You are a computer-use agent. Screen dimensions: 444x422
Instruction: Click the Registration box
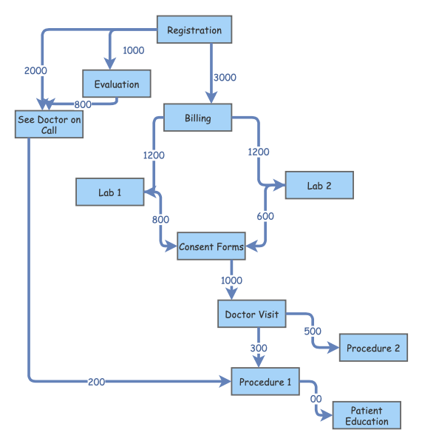[194, 30]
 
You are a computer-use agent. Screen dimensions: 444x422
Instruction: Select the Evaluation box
[117, 84]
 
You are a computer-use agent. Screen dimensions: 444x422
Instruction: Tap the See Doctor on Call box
[49, 124]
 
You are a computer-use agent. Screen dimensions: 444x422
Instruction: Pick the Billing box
[197, 118]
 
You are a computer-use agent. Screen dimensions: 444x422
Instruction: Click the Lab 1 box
[109, 192]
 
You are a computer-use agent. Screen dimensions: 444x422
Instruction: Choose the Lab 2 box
[319, 186]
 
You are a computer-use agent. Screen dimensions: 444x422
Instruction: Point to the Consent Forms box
[211, 246]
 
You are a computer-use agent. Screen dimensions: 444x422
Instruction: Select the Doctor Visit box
[252, 314]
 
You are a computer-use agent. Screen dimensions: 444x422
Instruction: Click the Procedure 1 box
[265, 382]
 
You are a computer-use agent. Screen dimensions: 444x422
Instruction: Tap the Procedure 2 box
[373, 348]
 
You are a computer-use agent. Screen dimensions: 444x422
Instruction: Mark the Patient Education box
[367, 416]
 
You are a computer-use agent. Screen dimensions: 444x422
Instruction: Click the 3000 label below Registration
[225, 77]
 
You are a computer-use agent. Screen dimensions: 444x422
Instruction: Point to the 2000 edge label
[35, 70]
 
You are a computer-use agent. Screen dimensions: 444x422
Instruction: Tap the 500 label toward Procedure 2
[313, 331]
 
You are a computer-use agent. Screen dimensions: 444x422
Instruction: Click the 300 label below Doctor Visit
[259, 348]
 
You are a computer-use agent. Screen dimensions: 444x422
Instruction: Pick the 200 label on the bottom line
[96, 382]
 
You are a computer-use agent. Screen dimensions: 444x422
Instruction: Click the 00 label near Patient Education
[316, 399]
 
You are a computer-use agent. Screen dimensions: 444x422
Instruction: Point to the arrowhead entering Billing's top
[211, 99]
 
